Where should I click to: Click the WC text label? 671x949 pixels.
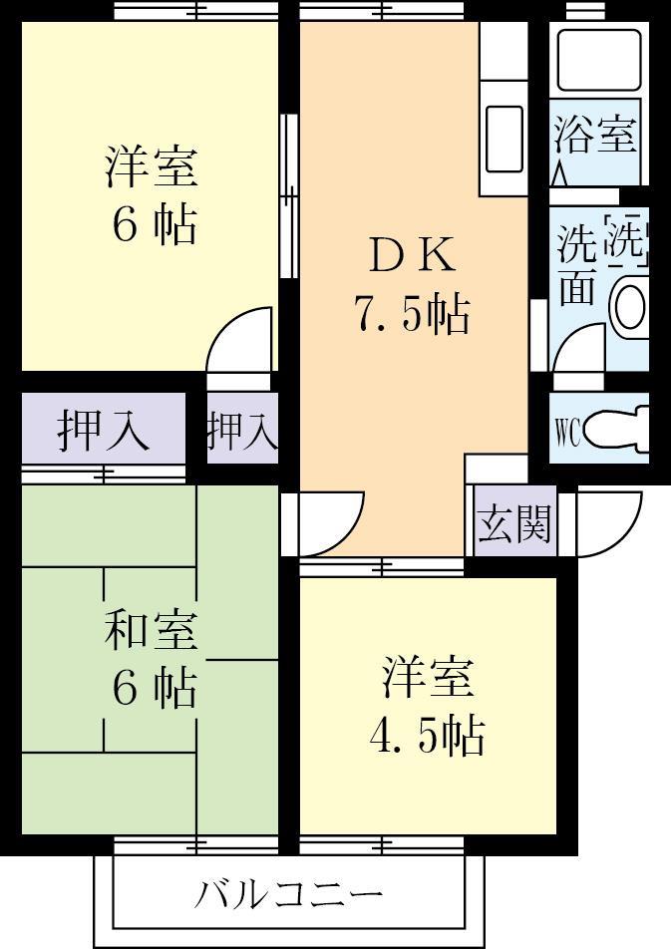(x=567, y=432)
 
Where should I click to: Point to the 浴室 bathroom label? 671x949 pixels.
(x=595, y=135)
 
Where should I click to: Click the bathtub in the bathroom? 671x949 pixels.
(x=597, y=61)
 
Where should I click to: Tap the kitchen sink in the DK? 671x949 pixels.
(x=503, y=141)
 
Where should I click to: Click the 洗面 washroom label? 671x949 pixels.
(x=576, y=265)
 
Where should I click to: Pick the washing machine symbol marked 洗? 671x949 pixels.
(x=627, y=239)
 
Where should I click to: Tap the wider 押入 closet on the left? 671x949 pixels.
(x=104, y=430)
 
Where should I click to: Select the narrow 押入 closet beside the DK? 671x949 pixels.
(x=241, y=430)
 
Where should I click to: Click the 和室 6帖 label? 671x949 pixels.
(x=152, y=659)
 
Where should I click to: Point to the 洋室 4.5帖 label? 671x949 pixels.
(x=427, y=706)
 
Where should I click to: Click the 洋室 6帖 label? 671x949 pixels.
(x=152, y=194)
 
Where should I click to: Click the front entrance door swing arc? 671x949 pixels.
(x=607, y=524)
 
